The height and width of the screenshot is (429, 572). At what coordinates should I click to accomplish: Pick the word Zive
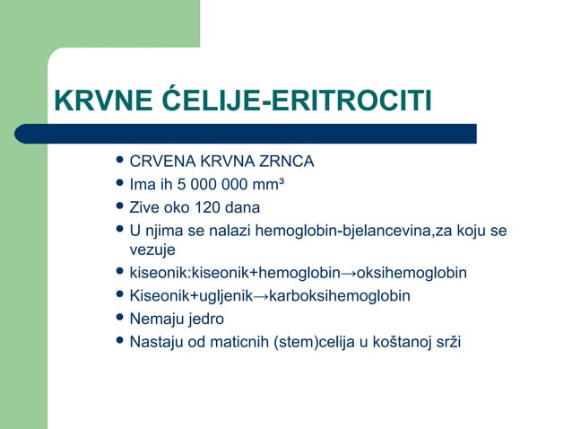146,207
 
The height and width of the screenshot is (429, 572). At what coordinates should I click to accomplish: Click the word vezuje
152,250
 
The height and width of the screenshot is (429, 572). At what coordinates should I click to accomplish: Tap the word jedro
207,319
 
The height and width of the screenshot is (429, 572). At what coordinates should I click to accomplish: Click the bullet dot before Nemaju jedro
120,318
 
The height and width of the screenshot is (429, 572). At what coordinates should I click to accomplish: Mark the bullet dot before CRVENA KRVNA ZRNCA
120,162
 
